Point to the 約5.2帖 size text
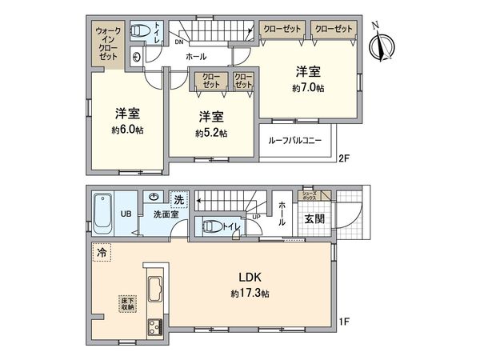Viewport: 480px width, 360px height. pos(212,133)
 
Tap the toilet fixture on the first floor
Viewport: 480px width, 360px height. pos(212,226)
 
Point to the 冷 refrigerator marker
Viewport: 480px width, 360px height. pos(102,251)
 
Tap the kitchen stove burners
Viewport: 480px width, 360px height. pos(154,326)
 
